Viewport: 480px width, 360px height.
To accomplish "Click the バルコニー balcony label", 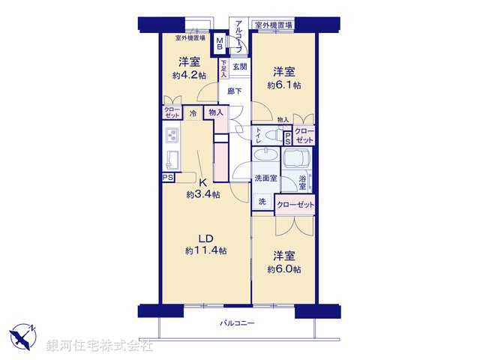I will click(x=238, y=322).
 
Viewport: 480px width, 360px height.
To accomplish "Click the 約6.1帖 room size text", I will click(x=283, y=85).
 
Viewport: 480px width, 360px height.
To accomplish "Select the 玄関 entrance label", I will click(x=239, y=67).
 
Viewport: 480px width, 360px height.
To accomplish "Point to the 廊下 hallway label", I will click(x=235, y=91).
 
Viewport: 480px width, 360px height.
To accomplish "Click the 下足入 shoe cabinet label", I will click(x=224, y=69).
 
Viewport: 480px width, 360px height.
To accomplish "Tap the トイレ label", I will click(x=259, y=135).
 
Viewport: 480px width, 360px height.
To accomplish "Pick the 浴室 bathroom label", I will click(x=302, y=181).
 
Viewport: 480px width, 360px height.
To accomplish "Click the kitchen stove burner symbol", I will click(x=171, y=136).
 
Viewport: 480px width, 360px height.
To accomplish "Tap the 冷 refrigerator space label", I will click(x=193, y=113).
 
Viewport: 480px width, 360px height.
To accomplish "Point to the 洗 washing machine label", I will click(x=262, y=201).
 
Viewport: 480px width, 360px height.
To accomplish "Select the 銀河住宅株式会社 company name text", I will click(x=100, y=346).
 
